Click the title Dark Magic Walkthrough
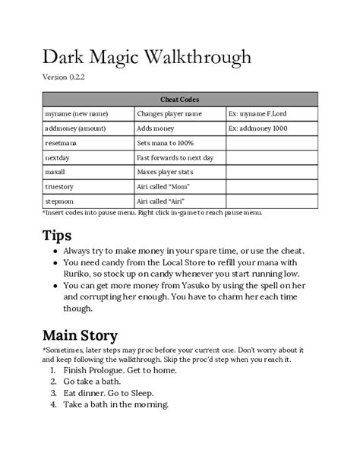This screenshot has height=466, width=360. pyautogui.click(x=146, y=58)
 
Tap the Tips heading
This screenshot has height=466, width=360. pyautogui.click(x=57, y=235)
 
